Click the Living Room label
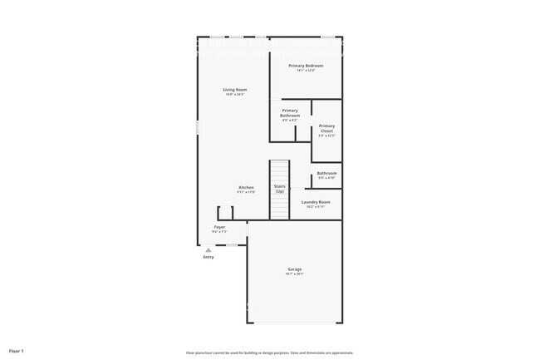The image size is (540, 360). click(234, 89)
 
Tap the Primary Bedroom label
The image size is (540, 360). click(306, 65)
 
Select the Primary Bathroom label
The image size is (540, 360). click(290, 113)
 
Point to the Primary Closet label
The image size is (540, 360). click(326, 129)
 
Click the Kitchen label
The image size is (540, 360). click(246, 187)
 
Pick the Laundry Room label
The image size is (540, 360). click(316, 202)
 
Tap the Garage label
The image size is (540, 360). click(294, 269)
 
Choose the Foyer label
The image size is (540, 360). click(219, 226)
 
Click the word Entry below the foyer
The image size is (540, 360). click(209, 257)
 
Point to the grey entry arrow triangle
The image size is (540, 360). click(209, 249)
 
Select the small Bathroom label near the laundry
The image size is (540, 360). click(326, 173)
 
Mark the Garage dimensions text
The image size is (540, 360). click(294, 274)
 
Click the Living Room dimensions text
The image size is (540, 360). click(234, 94)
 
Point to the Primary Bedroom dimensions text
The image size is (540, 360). click(306, 70)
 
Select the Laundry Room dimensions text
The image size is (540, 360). click(316, 207)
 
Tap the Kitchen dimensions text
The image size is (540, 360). click(246, 192)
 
